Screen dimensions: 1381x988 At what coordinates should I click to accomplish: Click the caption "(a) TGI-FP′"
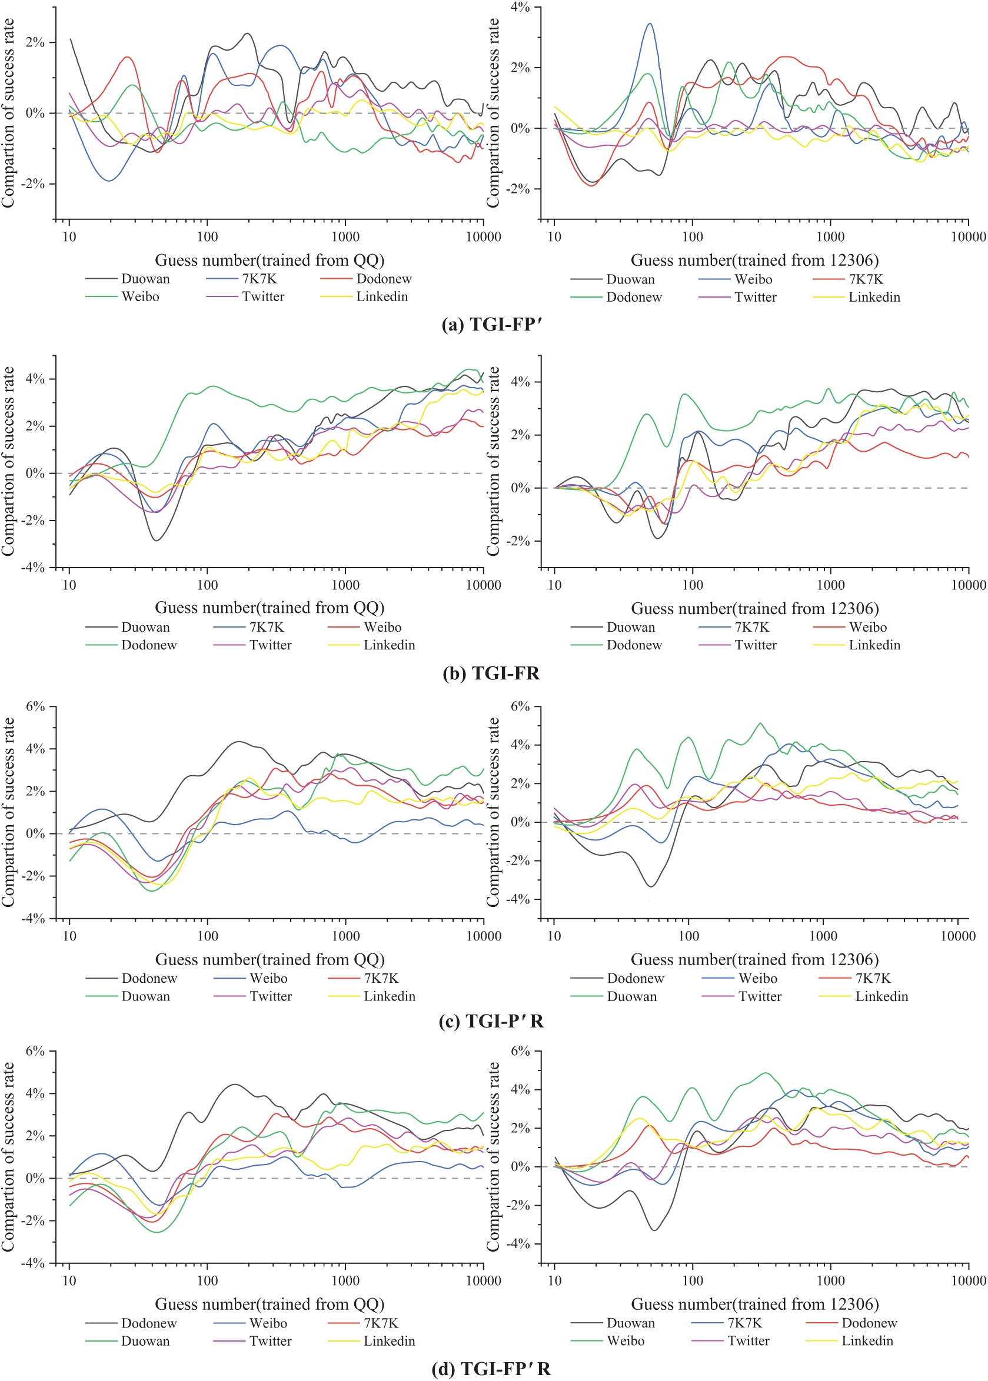click(491, 325)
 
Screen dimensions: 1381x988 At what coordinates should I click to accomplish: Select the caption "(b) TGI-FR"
click(491, 673)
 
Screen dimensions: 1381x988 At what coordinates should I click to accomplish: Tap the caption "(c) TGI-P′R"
click(491, 1021)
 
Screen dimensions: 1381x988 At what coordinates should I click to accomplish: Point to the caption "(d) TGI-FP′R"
click(491, 1368)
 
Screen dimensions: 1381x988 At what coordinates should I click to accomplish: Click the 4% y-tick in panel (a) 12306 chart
click(520, 7)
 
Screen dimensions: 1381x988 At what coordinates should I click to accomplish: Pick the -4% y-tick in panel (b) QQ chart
click(34, 568)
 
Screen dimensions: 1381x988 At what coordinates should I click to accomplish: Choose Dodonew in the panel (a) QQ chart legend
click(384, 279)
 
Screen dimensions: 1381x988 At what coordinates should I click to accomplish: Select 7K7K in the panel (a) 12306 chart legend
click(866, 279)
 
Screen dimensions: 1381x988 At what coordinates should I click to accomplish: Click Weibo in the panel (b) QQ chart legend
click(382, 627)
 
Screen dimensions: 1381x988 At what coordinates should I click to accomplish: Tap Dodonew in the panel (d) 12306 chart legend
click(869, 1323)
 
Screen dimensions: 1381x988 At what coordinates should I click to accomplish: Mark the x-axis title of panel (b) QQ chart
click(270, 608)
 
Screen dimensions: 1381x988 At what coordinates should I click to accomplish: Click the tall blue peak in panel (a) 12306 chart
click(650, 24)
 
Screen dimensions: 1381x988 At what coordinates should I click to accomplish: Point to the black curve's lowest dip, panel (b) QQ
click(157, 540)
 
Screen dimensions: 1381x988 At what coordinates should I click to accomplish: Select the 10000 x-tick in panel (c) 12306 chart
click(958, 936)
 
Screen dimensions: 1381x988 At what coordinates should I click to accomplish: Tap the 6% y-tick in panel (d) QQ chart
click(35, 1051)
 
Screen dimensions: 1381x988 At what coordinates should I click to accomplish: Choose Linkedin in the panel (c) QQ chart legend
click(390, 996)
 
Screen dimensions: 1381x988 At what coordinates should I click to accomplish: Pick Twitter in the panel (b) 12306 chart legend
click(756, 645)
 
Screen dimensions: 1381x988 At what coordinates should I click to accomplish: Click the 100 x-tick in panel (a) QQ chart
click(208, 236)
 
